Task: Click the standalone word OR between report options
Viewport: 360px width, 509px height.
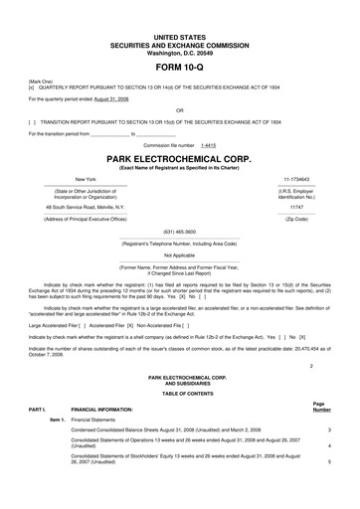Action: [180, 111]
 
